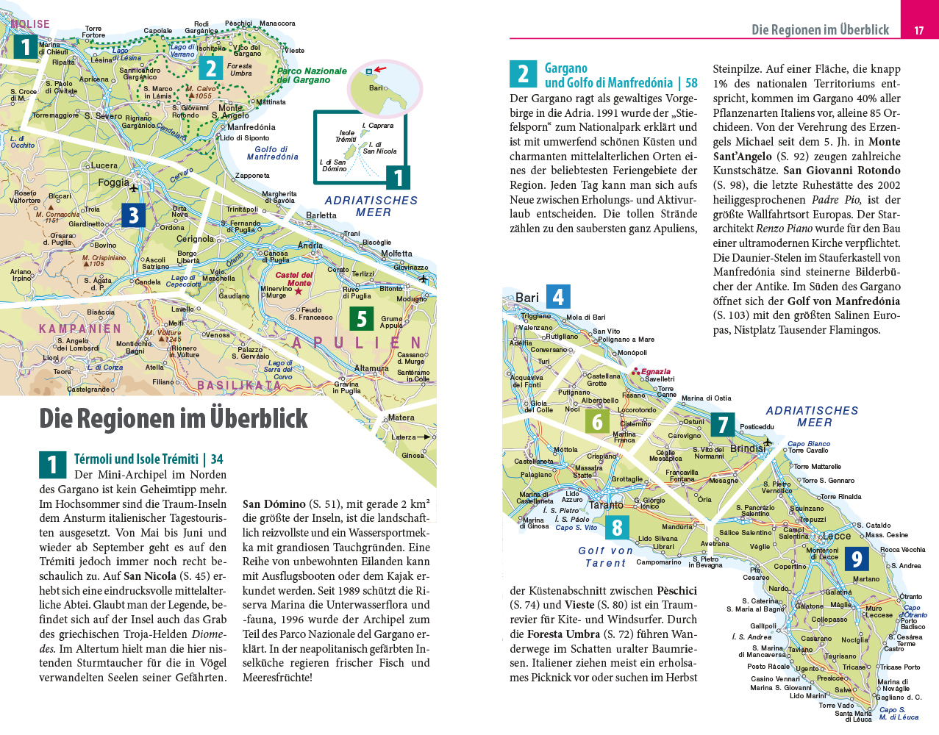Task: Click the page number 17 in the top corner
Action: point(919,30)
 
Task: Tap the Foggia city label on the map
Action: point(113,182)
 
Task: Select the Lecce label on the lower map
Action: point(836,536)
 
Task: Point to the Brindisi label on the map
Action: point(747,448)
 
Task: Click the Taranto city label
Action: point(606,505)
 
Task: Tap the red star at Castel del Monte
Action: point(299,292)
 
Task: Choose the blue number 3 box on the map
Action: point(133,215)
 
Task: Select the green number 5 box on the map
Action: point(361,319)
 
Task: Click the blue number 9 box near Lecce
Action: point(857,559)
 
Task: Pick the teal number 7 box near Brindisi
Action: point(723,425)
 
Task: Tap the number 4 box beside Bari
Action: point(558,297)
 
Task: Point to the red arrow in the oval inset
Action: point(379,70)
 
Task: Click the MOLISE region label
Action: point(30,24)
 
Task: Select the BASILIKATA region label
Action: point(239,385)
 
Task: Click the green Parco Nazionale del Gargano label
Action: point(312,76)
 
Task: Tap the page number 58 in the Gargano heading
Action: point(691,83)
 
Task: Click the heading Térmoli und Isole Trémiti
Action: point(136,459)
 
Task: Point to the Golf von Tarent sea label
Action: point(605,557)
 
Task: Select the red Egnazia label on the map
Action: point(655,371)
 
